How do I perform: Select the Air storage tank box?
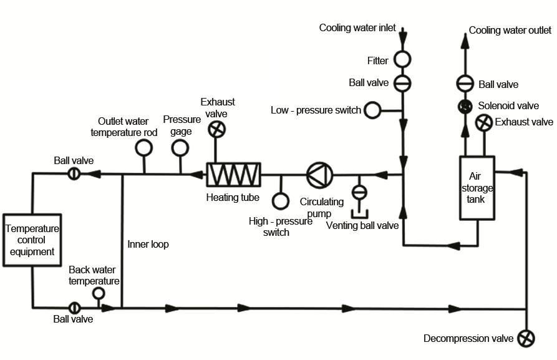[x=477, y=187]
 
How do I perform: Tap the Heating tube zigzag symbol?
[x=234, y=174]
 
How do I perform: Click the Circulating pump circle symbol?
[x=319, y=174]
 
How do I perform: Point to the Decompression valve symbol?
[x=526, y=338]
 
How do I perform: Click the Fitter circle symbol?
[x=402, y=60]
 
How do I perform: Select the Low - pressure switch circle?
[x=372, y=110]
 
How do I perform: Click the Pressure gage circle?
[x=180, y=147]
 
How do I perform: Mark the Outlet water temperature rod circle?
[x=143, y=147]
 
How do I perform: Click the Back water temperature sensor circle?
[x=98, y=293]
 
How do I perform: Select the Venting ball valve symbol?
[x=359, y=191]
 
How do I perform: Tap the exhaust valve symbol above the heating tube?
[x=216, y=129]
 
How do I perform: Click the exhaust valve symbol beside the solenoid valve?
[x=483, y=123]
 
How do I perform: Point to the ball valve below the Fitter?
[x=402, y=82]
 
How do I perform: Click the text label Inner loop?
[x=148, y=245]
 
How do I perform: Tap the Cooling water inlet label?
[x=357, y=27]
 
